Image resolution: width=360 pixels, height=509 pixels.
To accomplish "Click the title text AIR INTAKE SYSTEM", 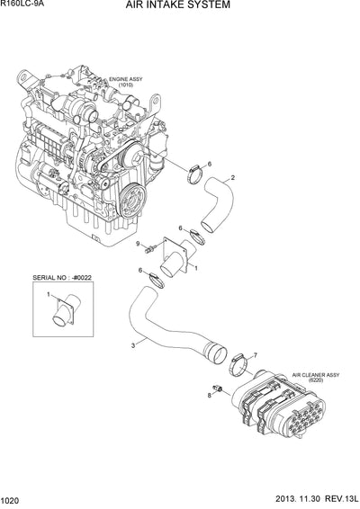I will [x=184, y=5].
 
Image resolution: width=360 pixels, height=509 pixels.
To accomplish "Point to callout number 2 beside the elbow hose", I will [x=233, y=178].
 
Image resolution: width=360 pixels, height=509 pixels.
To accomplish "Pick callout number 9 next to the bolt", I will [x=138, y=244].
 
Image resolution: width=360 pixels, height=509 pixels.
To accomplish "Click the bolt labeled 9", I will [x=150, y=246].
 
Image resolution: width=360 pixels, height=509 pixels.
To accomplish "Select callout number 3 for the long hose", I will [x=133, y=345].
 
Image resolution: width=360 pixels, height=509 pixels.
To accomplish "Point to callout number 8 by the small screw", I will [x=209, y=394].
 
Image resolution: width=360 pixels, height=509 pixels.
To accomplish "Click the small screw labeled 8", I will [x=218, y=387].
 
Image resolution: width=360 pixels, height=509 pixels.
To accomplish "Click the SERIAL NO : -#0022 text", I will [x=62, y=280].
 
